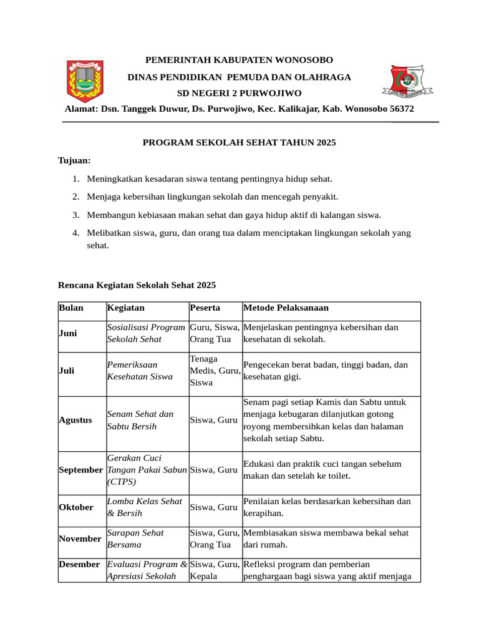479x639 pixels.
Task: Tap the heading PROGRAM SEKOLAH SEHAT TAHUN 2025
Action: [x=239, y=143]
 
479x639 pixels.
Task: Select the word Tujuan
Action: [x=74, y=160]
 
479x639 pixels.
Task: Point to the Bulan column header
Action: [x=71, y=308]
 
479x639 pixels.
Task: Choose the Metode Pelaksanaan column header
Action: [x=286, y=308]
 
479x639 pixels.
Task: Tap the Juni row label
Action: [x=68, y=333]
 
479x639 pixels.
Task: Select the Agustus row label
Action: [x=75, y=420]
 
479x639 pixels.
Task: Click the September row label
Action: [x=80, y=470]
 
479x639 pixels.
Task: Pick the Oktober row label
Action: [x=76, y=507]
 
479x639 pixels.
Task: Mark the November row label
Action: [x=80, y=539]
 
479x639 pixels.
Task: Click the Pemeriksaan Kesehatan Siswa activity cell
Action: [x=132, y=371]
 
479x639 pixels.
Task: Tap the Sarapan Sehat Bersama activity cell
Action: [x=135, y=539]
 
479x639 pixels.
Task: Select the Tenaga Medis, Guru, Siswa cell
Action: [x=215, y=371]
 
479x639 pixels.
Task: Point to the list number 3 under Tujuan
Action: [x=75, y=215]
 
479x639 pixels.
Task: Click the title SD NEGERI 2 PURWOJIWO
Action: [x=239, y=93]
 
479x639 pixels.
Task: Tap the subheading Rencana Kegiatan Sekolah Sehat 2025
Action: [x=137, y=285]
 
